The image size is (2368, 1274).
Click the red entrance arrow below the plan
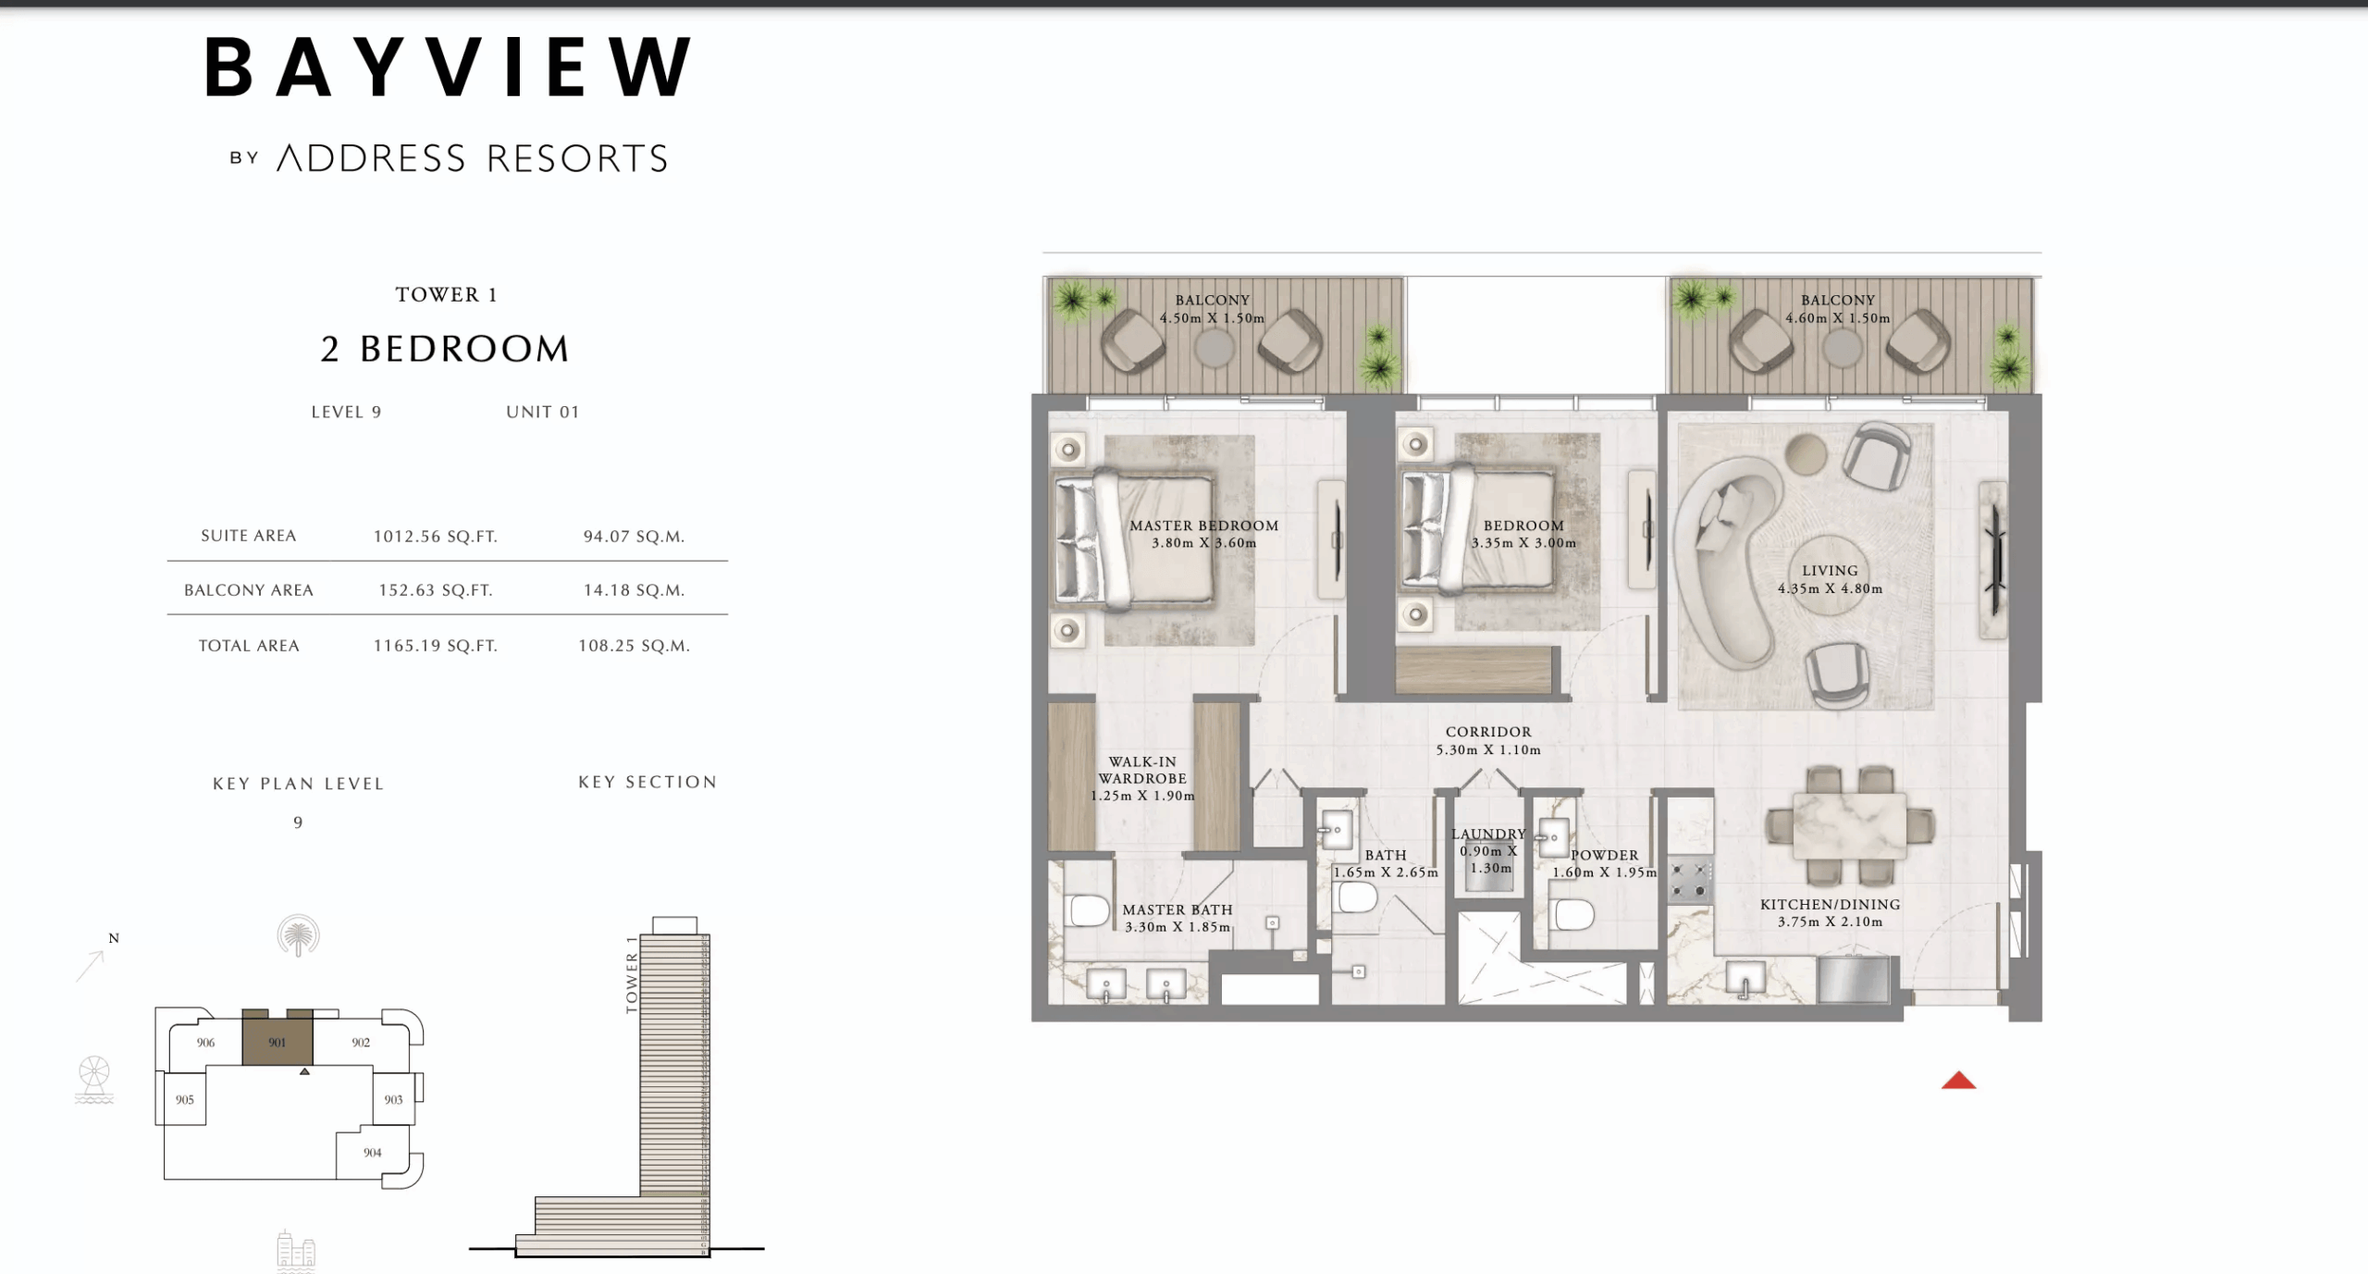(x=1958, y=1081)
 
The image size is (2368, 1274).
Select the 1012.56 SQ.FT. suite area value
(x=435, y=537)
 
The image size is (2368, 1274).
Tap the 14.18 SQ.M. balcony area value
(x=634, y=590)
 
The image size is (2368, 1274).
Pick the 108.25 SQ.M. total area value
(x=634, y=646)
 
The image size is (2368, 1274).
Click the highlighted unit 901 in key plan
(x=277, y=1043)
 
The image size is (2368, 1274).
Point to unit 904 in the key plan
(x=372, y=1153)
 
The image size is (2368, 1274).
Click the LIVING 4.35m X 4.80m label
(x=1830, y=579)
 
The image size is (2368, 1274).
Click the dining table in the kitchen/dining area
(x=1848, y=825)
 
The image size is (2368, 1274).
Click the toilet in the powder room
(x=1573, y=915)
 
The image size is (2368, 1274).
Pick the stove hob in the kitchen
(x=1690, y=882)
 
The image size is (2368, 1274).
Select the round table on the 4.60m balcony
(x=1842, y=348)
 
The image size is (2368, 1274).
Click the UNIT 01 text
(x=542, y=412)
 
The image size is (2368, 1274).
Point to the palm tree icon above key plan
(x=298, y=936)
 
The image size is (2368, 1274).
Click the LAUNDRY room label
(x=1487, y=834)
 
